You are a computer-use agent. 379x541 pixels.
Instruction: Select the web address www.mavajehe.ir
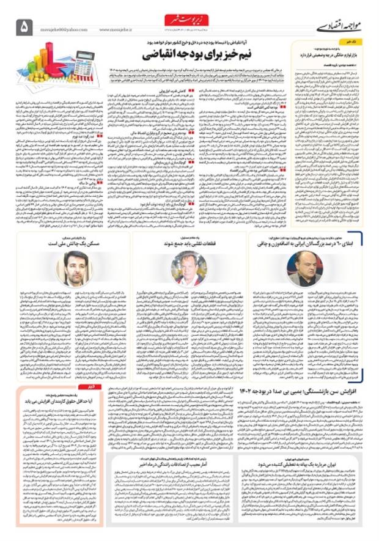coord(116,29)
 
